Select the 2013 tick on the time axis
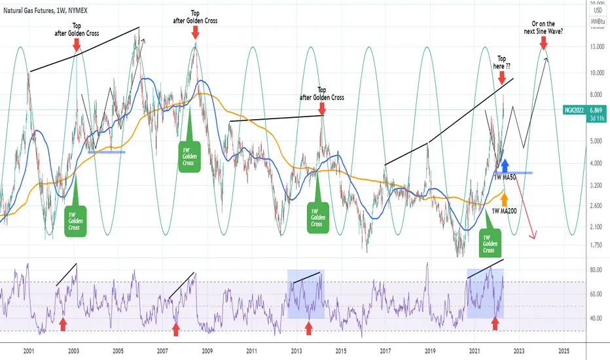[296, 351]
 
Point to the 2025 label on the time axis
[567, 351]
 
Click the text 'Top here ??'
[501, 62]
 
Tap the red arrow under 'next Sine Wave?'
[543, 43]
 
